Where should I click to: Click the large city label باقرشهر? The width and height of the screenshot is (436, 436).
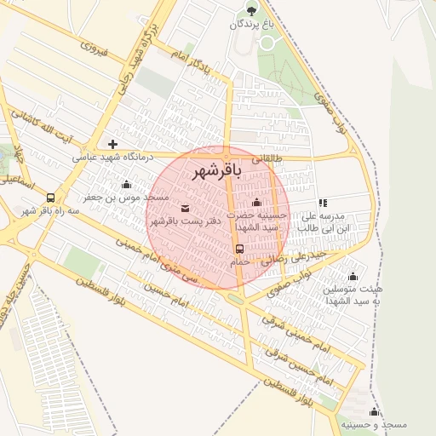coord(216,170)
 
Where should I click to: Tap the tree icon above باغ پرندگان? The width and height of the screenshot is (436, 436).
coord(251,10)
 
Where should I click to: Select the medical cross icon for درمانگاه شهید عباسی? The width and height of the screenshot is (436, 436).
coord(112,144)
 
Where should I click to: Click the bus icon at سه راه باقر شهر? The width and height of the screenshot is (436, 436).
coord(51,198)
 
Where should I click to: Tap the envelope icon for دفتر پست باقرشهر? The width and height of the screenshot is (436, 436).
coord(186,208)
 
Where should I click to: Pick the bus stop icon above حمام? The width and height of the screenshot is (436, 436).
coord(239,250)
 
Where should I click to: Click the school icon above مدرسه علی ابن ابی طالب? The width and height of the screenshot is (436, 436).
coord(323,203)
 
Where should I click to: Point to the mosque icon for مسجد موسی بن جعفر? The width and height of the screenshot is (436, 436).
coord(127,185)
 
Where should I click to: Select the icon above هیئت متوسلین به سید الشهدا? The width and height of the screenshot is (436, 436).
coord(353,276)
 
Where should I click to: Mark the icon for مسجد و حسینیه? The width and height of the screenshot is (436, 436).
coord(373,411)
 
